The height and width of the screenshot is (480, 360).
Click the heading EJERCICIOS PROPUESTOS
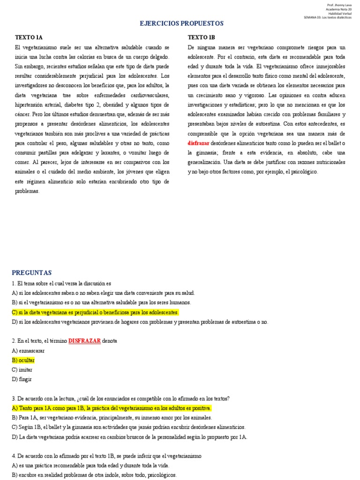click(182, 23)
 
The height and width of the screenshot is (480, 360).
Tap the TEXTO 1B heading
click(202, 37)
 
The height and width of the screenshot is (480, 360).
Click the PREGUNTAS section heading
click(32, 272)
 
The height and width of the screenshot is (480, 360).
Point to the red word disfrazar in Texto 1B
click(198, 142)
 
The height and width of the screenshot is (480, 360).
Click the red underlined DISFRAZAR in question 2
click(84, 341)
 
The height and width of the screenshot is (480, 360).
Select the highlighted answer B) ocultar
click(23, 360)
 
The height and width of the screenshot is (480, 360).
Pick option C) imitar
click(22, 369)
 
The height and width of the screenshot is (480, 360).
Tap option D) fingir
click(22, 379)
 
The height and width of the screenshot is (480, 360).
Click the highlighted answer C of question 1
click(96, 312)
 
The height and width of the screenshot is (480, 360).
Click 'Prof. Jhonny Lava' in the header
click(339, 5)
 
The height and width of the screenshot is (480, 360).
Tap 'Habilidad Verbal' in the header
click(340, 14)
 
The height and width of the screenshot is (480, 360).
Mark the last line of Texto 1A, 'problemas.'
click(27, 191)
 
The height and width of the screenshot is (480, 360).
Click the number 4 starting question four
click(14, 456)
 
